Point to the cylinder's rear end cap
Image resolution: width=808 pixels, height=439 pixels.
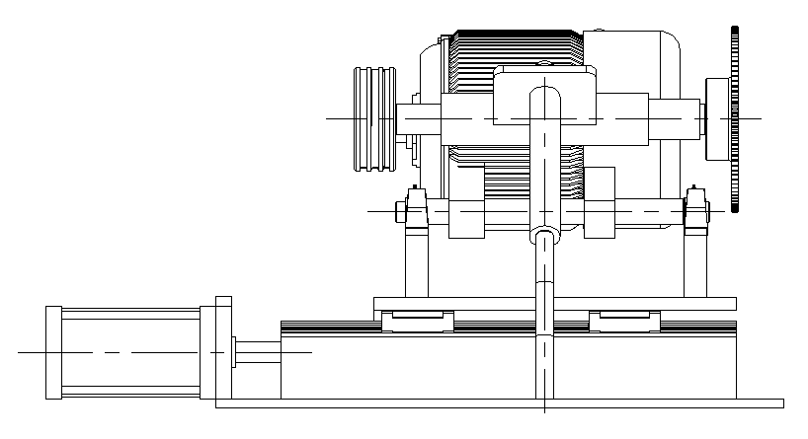coord(53,352)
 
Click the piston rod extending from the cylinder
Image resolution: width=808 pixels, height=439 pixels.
coord(257,352)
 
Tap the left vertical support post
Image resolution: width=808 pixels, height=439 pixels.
coord(416,261)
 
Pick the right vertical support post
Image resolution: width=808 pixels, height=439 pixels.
coord(694,261)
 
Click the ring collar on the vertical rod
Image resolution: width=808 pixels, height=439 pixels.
coord(544,235)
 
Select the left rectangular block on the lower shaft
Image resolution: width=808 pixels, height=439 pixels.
coord(466,202)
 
